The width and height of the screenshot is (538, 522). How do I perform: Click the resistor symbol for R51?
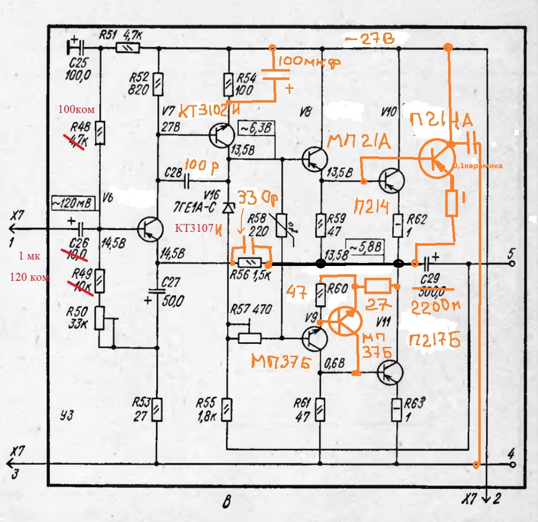128,48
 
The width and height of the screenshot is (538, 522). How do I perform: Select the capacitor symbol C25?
77,48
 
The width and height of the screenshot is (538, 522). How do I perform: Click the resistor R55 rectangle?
227,410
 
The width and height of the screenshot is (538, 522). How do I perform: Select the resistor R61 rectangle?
321,410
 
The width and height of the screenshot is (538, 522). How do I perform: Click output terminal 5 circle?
512,264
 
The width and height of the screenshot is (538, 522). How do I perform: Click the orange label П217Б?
434,339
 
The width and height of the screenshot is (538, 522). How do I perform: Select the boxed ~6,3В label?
256,127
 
